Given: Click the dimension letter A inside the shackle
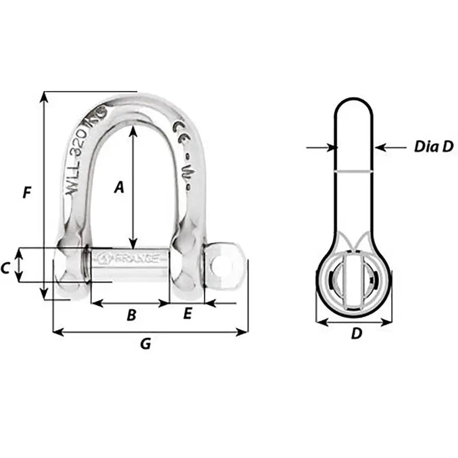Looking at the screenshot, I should [119, 187].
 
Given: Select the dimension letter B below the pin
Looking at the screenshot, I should [131, 314].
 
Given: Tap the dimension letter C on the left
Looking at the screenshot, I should [5, 266].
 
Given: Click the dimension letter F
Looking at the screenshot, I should [26, 193].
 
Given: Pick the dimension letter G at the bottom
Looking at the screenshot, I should [145, 344].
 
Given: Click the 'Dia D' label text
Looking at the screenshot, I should [433, 147].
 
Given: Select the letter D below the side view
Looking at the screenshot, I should [356, 333].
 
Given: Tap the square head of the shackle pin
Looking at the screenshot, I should [225, 267].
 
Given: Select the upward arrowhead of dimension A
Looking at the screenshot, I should [133, 130].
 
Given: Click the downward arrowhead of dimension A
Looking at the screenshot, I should [133, 243].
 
